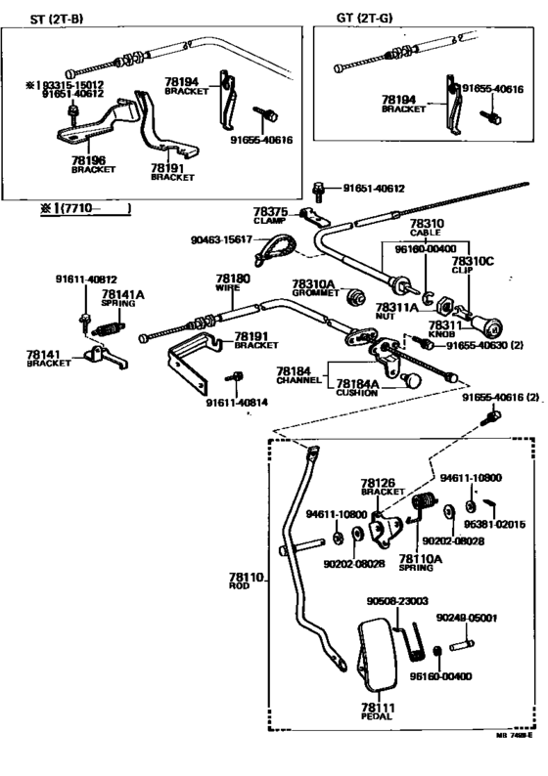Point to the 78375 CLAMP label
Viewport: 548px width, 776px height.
click(x=270, y=216)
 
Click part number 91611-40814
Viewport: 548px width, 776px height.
click(x=242, y=401)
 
